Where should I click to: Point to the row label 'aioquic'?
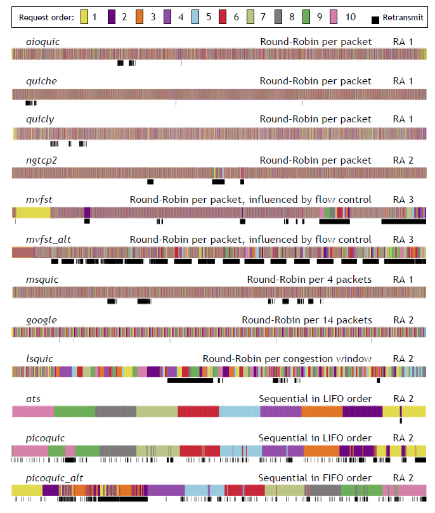42,42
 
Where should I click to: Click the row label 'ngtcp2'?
41,160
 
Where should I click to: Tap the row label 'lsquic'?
39,359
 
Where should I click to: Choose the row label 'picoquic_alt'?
53,478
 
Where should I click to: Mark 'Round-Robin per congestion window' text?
287,359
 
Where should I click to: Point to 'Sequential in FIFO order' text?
315,478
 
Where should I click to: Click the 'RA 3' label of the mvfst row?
403,200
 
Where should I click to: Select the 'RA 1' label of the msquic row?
403,280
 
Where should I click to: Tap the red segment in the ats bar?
198,412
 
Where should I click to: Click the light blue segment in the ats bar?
239,412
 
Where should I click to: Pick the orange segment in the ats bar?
321,412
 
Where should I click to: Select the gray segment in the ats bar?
115,412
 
